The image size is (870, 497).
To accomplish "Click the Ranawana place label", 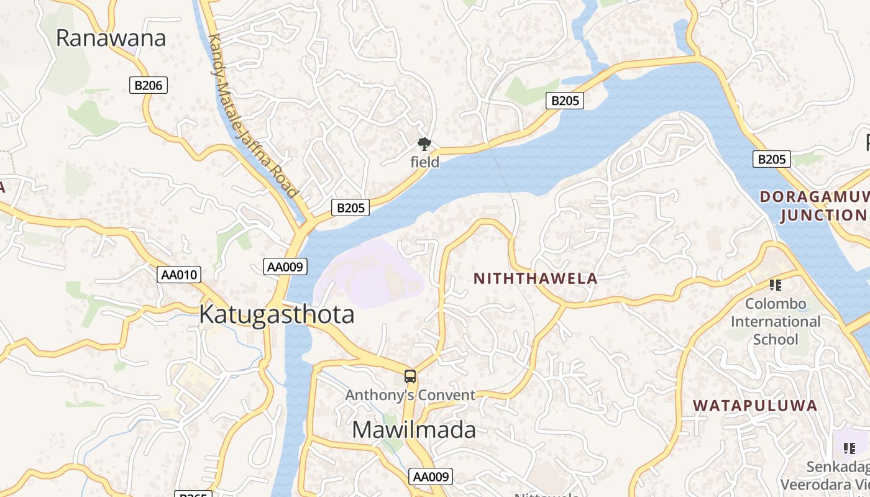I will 111,38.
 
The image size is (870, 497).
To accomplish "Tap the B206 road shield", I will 149,85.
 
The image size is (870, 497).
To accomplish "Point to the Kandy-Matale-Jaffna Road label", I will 252,116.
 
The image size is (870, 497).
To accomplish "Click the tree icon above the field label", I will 424,145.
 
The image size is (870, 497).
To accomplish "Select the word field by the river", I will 425,162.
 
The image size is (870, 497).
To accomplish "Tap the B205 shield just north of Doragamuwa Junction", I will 771,159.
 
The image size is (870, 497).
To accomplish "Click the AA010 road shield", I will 179,274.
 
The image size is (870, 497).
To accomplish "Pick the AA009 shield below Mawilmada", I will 431,476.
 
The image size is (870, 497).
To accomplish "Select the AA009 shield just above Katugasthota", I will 285,267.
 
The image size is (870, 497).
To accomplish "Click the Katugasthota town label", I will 277,314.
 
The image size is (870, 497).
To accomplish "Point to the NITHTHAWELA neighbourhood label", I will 536,278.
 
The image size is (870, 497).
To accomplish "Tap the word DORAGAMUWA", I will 814,198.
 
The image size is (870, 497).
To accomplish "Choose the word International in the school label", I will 776,322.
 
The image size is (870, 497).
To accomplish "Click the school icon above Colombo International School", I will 775,285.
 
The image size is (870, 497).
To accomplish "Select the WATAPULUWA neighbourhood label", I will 755,406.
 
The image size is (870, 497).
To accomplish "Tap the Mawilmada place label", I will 414,430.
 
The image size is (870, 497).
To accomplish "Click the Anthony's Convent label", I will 410,395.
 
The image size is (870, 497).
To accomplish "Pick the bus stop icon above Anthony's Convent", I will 410,376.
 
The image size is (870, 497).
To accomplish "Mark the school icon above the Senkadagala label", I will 849,448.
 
